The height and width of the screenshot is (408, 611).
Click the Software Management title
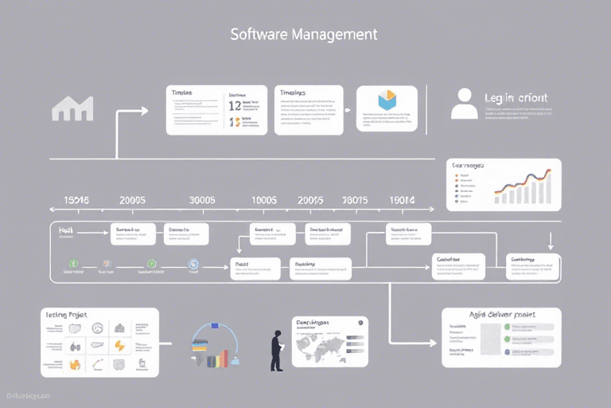coord(303,35)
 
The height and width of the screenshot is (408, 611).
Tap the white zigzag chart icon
coord(72,108)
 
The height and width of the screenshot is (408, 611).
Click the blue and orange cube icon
coord(387,99)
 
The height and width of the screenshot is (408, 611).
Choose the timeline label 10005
coord(263,201)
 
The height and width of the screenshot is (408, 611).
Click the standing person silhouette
coord(277,351)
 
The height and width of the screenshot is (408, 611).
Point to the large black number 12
coord(235,104)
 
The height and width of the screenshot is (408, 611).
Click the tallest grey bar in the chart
coord(547,189)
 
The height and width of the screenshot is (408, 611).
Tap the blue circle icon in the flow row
coord(193,264)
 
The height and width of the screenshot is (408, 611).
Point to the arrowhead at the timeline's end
coord(430,210)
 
